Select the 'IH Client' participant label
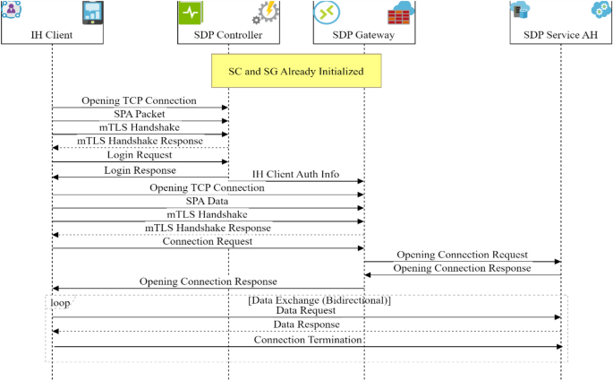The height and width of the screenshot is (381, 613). (x=52, y=36)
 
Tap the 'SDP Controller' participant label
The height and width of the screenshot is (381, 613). (x=228, y=36)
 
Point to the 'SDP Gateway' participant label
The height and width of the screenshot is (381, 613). (x=363, y=36)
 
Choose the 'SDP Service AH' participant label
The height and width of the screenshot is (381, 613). (x=561, y=36)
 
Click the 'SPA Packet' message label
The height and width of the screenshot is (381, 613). (x=139, y=115)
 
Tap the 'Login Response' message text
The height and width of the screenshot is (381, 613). (x=140, y=169)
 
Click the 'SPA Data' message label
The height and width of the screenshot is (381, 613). (x=208, y=202)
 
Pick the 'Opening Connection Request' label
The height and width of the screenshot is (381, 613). (x=462, y=255)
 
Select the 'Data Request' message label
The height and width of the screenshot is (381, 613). (x=307, y=310)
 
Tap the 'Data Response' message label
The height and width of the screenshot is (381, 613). (x=307, y=325)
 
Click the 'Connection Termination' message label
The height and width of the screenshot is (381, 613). (x=307, y=340)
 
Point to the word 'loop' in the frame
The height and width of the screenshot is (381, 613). (x=60, y=303)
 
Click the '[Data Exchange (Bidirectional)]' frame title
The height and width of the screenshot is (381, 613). (x=319, y=299)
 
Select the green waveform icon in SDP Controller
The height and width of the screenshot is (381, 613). (x=193, y=13)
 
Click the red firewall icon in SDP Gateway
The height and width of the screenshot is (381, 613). (x=399, y=13)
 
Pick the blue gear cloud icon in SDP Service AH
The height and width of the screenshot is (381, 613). (x=600, y=11)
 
